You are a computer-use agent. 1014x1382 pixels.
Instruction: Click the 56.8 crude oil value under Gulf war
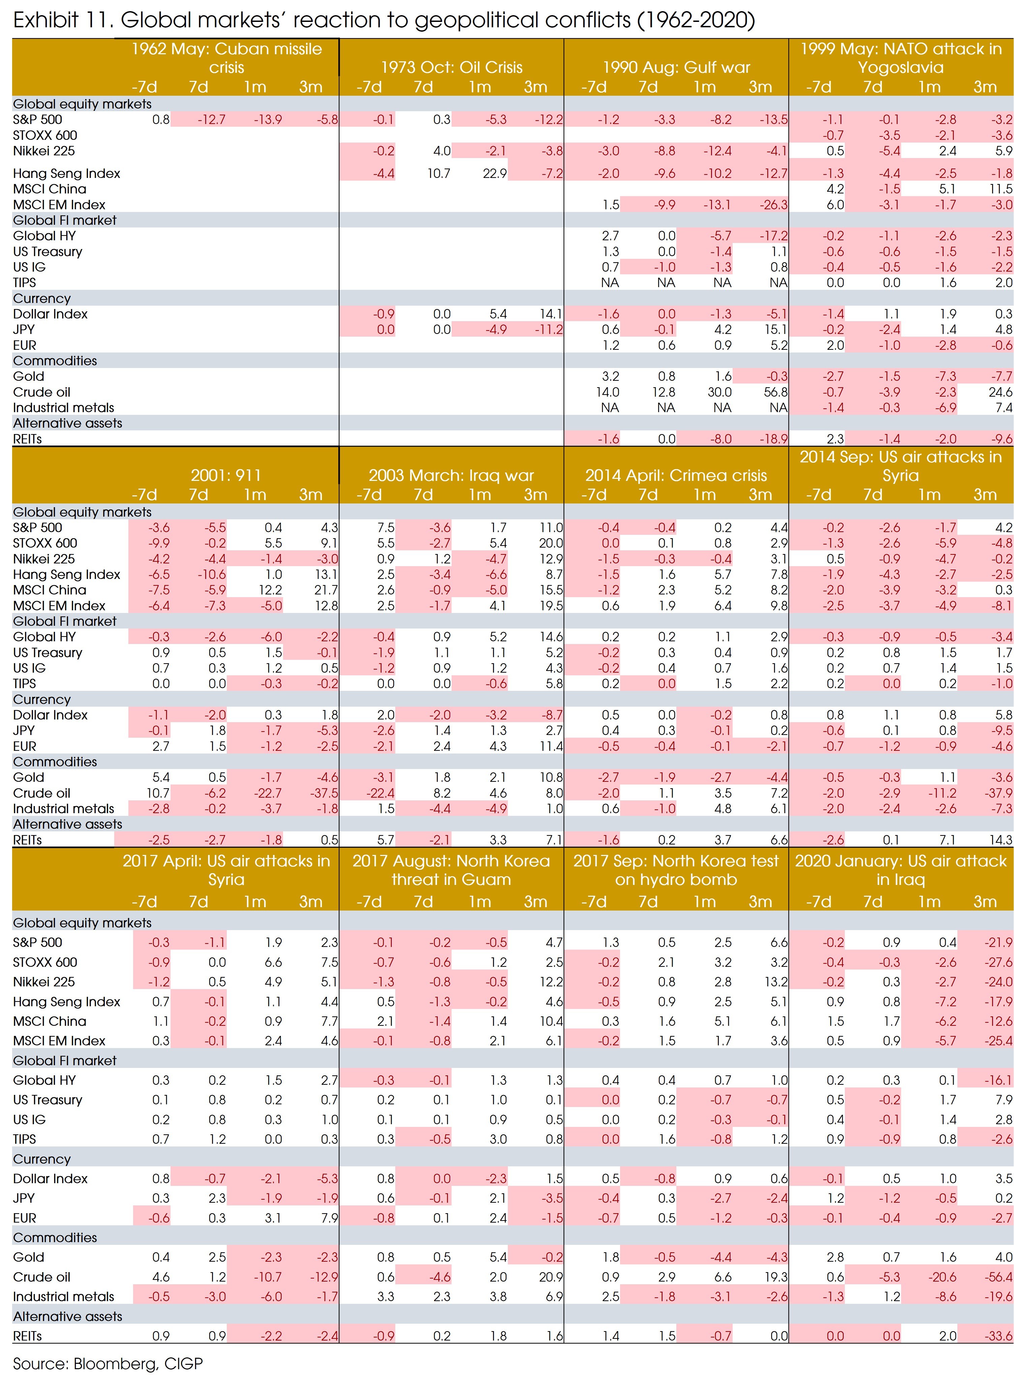tap(775, 392)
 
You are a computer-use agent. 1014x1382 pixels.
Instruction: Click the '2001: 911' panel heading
tap(226, 475)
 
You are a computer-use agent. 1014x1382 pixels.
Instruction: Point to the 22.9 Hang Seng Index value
tap(495, 173)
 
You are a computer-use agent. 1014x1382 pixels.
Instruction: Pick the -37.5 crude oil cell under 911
tap(324, 793)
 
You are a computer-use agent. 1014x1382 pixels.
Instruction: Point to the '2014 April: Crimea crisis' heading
tap(676, 475)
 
